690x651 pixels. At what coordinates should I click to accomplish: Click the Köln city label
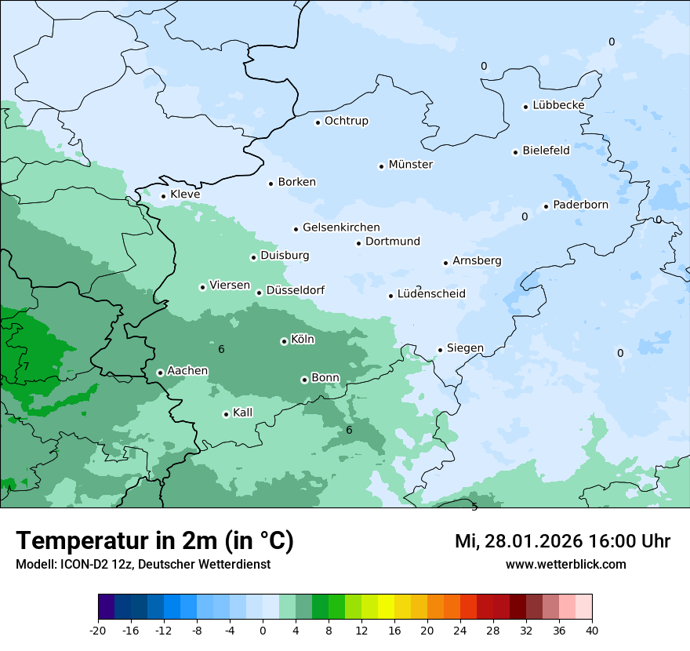point(303,340)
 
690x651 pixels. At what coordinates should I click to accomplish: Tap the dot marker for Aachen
point(160,373)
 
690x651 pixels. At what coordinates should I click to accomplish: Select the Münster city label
point(411,165)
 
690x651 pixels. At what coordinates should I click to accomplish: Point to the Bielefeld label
point(546,151)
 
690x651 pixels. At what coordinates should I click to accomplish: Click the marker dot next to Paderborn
point(546,206)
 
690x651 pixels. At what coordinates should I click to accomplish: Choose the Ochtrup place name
point(346,121)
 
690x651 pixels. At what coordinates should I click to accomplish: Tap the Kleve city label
point(185,195)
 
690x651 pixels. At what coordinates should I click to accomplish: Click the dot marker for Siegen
point(441,350)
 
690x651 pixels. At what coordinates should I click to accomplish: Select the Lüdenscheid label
point(431,294)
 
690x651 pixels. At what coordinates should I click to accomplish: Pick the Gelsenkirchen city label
point(341,227)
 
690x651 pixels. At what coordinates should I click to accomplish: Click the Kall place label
point(243,413)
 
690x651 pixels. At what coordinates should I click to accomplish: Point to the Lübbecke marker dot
point(526,107)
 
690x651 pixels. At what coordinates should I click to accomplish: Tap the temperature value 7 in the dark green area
point(26,366)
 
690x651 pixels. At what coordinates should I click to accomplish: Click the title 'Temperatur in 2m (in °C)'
point(154,541)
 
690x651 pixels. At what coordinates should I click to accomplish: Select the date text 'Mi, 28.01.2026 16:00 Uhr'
point(562,541)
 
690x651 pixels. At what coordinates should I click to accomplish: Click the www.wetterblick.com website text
point(565,564)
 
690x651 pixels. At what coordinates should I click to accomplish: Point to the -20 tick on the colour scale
point(98,630)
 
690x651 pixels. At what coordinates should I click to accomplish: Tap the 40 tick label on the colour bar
point(592,630)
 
